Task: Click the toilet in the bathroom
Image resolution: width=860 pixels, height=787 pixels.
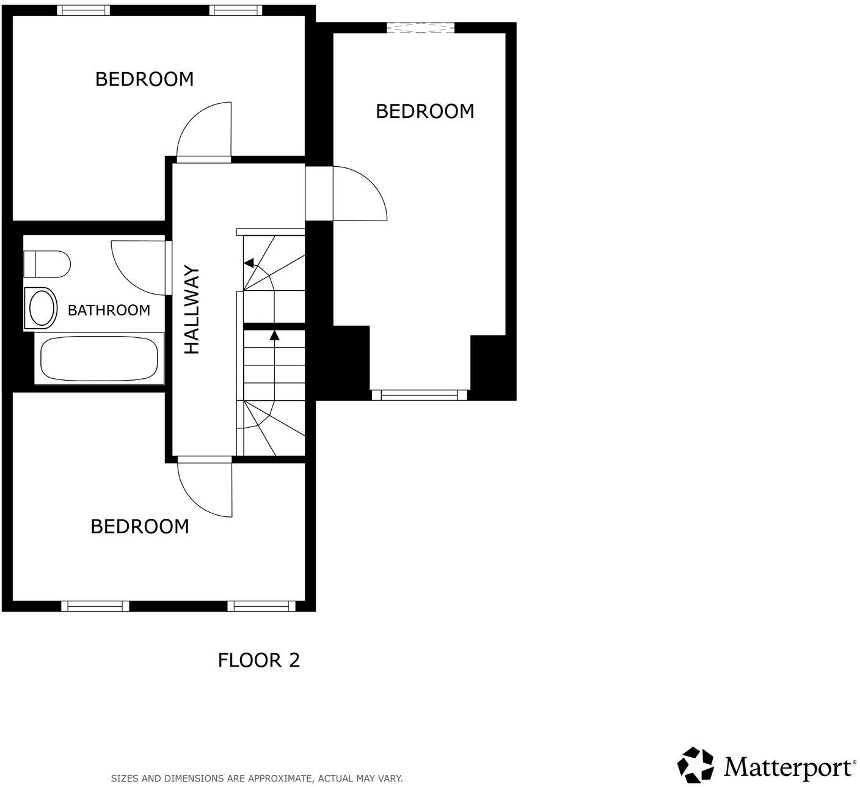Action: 47,264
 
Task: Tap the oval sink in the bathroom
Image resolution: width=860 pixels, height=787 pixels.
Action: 41,308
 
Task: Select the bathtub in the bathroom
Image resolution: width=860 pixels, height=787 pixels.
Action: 99,359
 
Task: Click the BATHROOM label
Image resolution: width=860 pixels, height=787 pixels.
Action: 109,310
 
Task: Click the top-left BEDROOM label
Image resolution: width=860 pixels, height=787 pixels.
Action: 144,79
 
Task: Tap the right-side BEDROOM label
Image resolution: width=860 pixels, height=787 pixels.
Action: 425,111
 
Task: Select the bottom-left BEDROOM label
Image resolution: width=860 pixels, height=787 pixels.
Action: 140,527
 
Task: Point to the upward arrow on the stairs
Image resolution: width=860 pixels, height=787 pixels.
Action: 274,335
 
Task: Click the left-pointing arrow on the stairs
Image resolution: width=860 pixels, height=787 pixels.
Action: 249,263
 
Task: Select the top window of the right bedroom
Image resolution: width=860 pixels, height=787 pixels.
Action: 420,27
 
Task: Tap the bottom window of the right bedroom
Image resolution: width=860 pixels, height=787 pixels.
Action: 419,395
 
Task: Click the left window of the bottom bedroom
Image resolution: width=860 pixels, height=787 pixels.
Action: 95,606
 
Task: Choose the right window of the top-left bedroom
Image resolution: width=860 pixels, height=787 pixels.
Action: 236,10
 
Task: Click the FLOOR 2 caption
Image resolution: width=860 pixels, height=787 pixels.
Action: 259,661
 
